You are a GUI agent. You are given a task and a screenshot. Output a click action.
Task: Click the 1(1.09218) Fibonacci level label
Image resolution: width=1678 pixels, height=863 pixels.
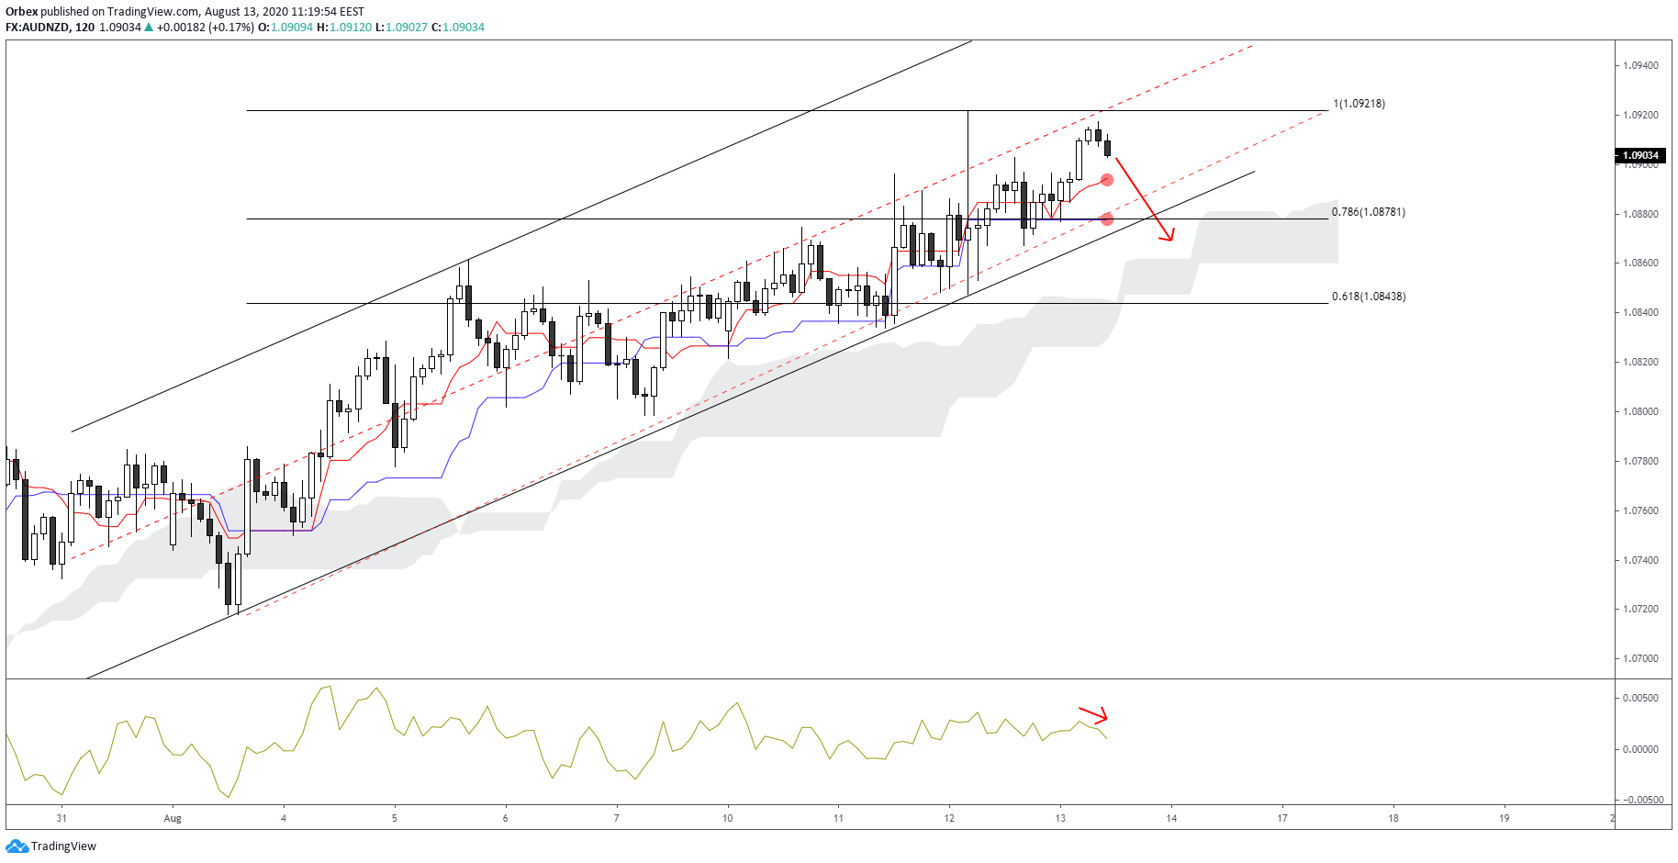coord(1359,104)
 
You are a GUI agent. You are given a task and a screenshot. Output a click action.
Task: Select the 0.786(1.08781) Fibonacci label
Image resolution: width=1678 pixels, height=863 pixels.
coord(1368,212)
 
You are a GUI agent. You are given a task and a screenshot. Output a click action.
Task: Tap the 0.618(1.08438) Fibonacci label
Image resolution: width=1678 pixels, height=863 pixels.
coord(1368,297)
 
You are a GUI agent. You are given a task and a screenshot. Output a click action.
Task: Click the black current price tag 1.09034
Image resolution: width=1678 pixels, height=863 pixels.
coord(1640,155)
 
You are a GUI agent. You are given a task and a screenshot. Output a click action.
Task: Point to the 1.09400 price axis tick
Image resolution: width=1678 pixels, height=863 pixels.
coord(1640,65)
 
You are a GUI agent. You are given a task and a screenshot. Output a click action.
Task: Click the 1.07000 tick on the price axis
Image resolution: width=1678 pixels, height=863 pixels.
coord(1640,658)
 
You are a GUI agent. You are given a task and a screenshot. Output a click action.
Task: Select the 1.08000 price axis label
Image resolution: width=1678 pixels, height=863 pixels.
coord(1640,411)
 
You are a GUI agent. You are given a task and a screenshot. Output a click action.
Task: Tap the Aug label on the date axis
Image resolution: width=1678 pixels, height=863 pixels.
coord(173,818)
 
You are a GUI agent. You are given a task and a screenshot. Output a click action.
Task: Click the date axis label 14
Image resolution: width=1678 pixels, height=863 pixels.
coord(1171,818)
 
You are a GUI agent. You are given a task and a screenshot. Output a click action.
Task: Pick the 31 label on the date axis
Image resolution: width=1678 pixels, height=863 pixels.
coord(62,818)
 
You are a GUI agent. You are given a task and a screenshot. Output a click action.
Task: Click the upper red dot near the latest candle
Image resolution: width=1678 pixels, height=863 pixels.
coord(1107,180)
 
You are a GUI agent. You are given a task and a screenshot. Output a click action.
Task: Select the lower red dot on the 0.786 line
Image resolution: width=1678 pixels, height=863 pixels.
coord(1107,219)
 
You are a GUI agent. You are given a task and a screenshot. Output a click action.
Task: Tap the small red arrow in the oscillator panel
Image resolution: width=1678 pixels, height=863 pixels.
coord(1094,715)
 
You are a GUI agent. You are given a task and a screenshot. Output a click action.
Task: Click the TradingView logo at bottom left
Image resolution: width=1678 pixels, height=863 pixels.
coord(51,846)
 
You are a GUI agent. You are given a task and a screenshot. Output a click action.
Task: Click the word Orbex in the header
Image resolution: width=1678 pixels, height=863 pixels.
coord(21,12)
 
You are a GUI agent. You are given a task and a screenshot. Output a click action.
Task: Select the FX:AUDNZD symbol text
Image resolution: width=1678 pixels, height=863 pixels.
coord(37,28)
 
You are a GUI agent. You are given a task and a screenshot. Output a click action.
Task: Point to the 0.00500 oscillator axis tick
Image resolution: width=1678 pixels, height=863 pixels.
coord(1640,698)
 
